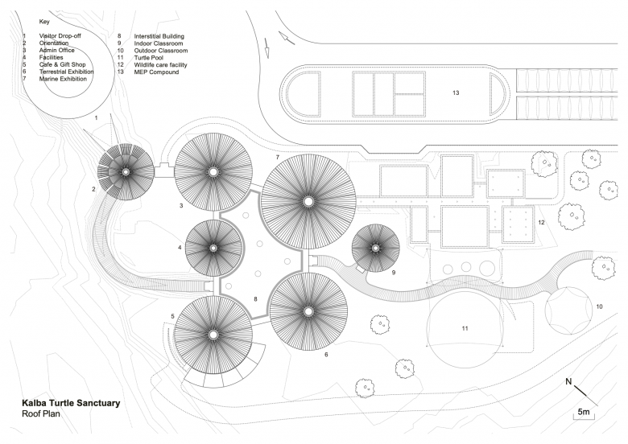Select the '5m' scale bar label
tap(585, 413)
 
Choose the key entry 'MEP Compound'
tap(155, 72)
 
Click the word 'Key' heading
tap(44, 22)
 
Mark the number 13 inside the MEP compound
tap(456, 93)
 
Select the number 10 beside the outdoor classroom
tap(599, 306)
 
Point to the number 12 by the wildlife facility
tap(541, 222)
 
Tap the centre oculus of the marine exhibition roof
tap(308, 200)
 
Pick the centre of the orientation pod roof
tap(126, 172)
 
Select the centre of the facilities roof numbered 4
tap(213, 248)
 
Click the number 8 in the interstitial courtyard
tap(256, 299)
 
